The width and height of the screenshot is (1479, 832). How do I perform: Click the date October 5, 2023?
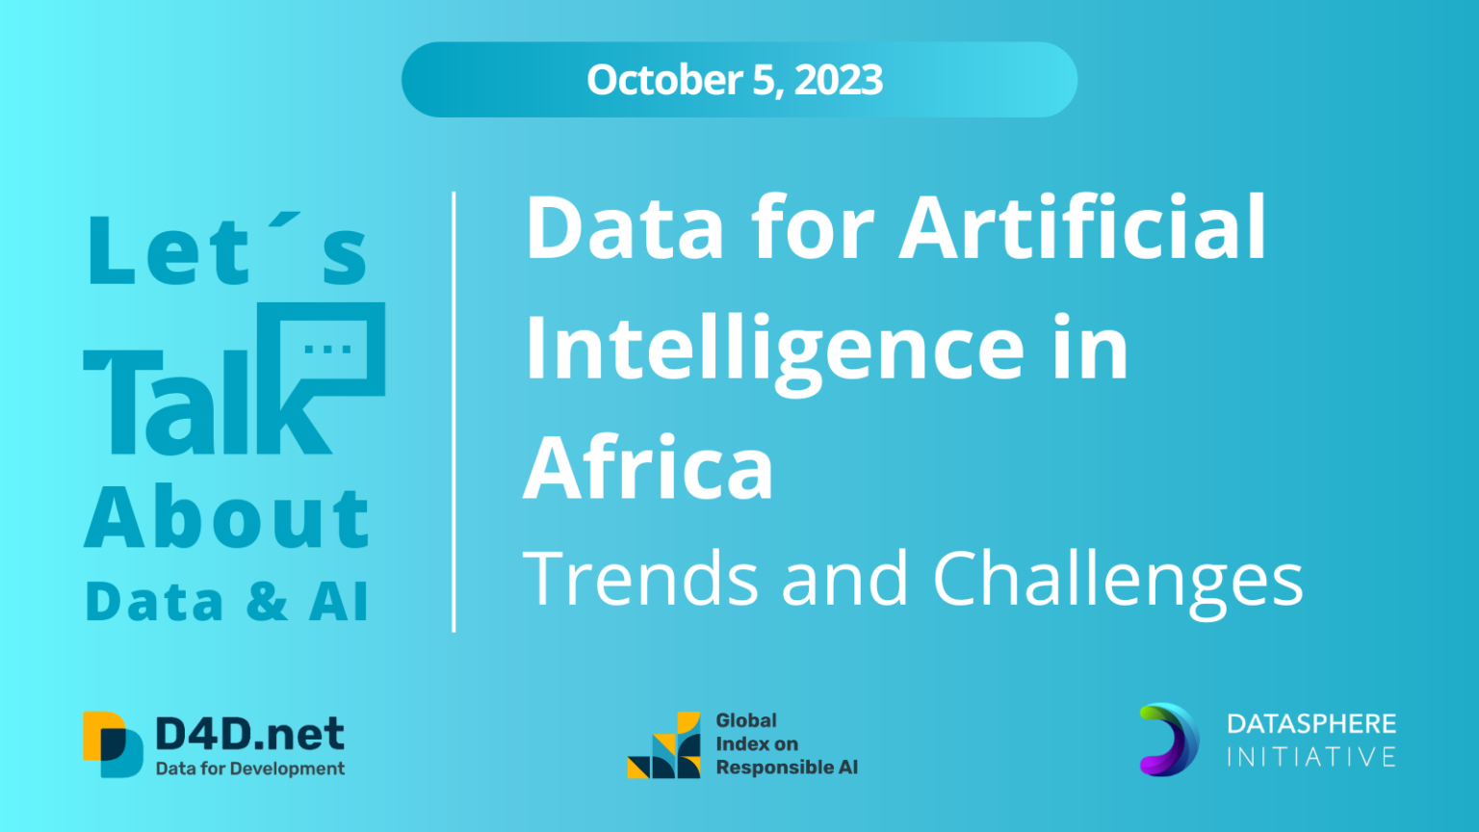pyautogui.click(x=735, y=80)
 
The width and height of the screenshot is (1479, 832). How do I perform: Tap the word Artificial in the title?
pyautogui.click(x=1082, y=229)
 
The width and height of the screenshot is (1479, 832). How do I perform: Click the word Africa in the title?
pyautogui.click(x=648, y=469)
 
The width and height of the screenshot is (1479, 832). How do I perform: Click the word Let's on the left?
pyautogui.click(x=227, y=251)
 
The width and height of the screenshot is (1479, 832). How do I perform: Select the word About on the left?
pyautogui.click(x=227, y=518)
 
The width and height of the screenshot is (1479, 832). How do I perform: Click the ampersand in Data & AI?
pyautogui.click(x=267, y=602)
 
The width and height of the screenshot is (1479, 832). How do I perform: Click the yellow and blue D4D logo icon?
pyautogui.click(x=113, y=743)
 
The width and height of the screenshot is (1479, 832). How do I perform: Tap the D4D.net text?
pyautogui.click(x=249, y=735)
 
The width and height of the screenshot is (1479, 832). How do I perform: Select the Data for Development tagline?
pyautogui.click(x=249, y=768)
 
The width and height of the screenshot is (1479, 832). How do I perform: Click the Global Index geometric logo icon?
pyautogui.click(x=664, y=745)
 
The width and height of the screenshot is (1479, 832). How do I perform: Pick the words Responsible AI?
pyautogui.click(x=786, y=767)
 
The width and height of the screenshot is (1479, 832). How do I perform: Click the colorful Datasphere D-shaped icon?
pyautogui.click(x=1169, y=740)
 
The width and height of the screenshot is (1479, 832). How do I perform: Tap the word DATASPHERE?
pyautogui.click(x=1311, y=724)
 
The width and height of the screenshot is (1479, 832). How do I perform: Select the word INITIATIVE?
pyautogui.click(x=1311, y=757)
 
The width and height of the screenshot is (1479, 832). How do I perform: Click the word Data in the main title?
pyautogui.click(x=624, y=229)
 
